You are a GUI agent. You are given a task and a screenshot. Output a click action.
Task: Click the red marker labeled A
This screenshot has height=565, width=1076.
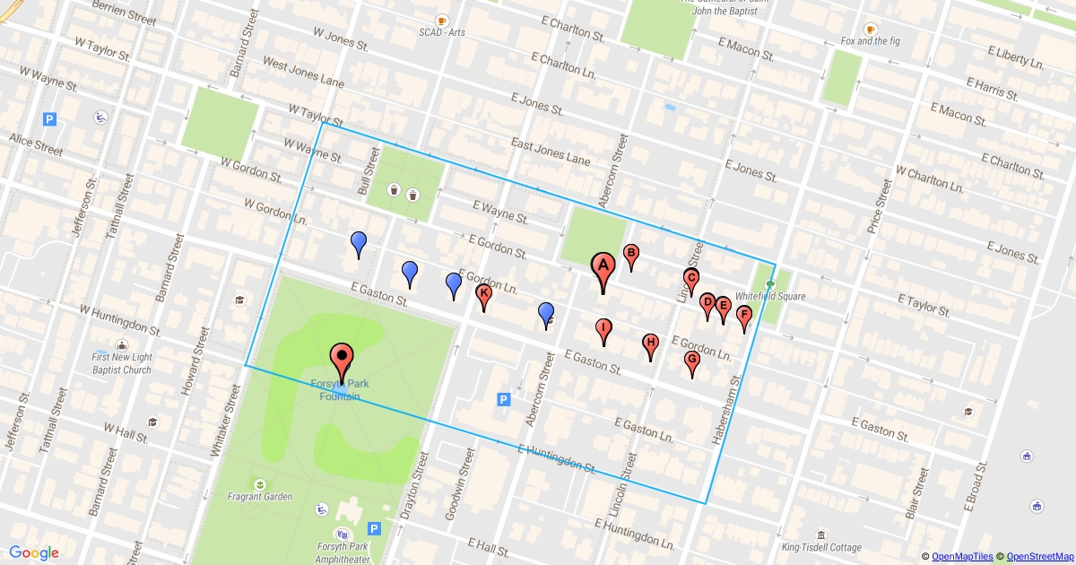(603, 266)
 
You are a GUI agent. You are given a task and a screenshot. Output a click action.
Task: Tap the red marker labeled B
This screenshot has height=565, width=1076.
(630, 255)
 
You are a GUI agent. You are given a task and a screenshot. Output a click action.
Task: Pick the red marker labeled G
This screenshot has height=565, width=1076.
(692, 361)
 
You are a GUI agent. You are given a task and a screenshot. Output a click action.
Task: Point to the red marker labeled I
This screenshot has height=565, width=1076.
(604, 328)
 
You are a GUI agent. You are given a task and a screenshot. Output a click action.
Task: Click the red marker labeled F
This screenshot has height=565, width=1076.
(743, 316)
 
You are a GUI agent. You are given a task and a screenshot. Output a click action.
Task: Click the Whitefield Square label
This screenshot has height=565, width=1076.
(770, 296)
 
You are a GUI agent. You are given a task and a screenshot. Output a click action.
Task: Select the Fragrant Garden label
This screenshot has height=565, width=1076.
(259, 496)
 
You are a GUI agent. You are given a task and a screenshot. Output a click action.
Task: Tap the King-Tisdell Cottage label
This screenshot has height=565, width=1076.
(820, 548)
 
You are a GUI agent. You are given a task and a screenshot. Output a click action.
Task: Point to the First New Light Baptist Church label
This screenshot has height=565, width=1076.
(121, 363)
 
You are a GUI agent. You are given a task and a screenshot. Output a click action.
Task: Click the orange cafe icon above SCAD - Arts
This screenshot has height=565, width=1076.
(441, 20)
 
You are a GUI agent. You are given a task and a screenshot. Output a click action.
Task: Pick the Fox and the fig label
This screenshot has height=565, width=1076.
(871, 41)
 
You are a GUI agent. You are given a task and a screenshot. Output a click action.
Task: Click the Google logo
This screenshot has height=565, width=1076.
(34, 552)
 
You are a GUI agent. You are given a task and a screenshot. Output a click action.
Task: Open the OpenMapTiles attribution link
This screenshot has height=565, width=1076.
(962, 557)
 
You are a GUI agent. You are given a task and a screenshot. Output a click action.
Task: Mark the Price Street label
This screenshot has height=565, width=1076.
(879, 206)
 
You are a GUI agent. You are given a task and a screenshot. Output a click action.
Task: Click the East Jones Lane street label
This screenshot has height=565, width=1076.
(551, 151)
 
